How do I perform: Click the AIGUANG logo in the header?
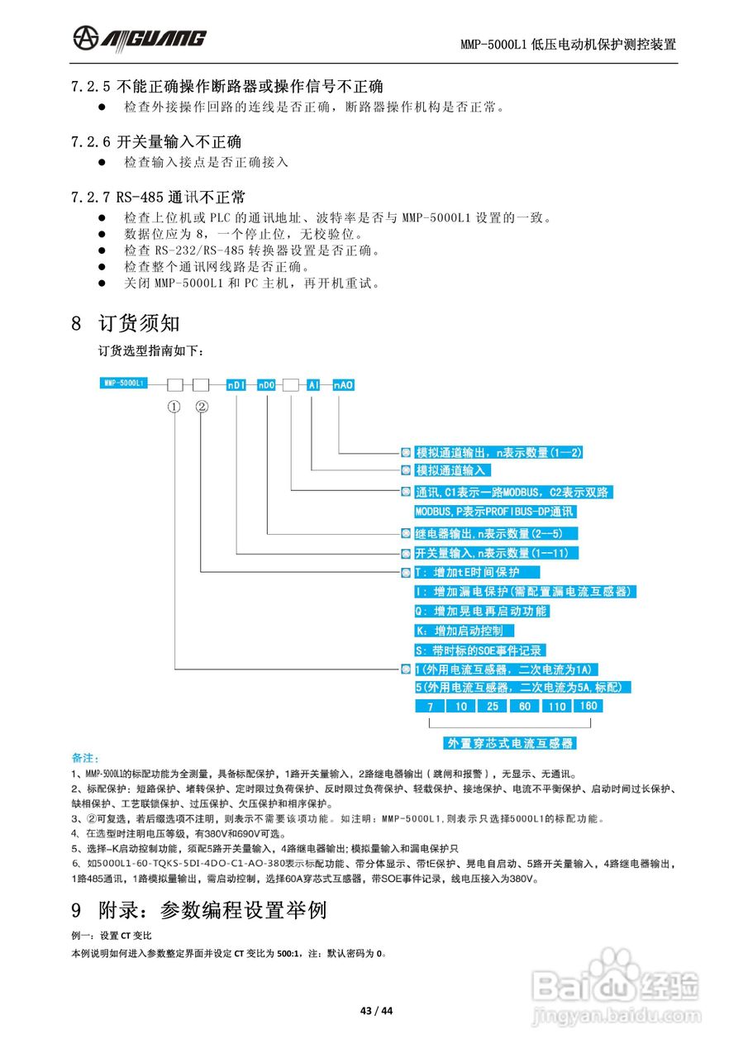(x=139, y=37)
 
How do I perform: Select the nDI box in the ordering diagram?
(x=237, y=385)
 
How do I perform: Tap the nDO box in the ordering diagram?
(x=266, y=385)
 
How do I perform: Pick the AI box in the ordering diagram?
(x=313, y=385)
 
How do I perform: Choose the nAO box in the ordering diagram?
(x=343, y=385)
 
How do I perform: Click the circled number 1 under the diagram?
(x=174, y=407)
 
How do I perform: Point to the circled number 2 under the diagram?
(x=202, y=407)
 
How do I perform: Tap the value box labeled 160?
(x=588, y=706)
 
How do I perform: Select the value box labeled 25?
(x=493, y=707)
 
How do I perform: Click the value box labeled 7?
(x=430, y=707)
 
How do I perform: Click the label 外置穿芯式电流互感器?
(x=510, y=743)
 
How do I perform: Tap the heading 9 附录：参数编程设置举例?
(x=199, y=910)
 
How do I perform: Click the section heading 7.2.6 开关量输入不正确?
(x=156, y=142)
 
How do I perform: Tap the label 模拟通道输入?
(x=453, y=470)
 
